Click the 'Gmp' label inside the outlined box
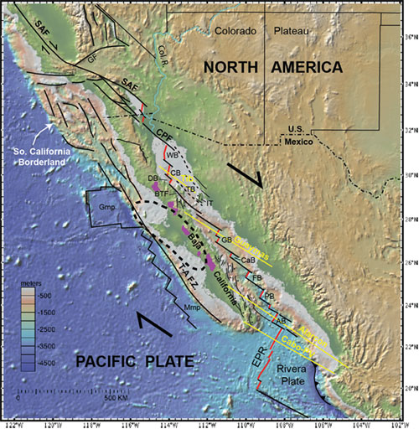[x=106, y=205]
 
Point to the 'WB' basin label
[x=173, y=156]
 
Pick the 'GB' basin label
[x=226, y=240]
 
